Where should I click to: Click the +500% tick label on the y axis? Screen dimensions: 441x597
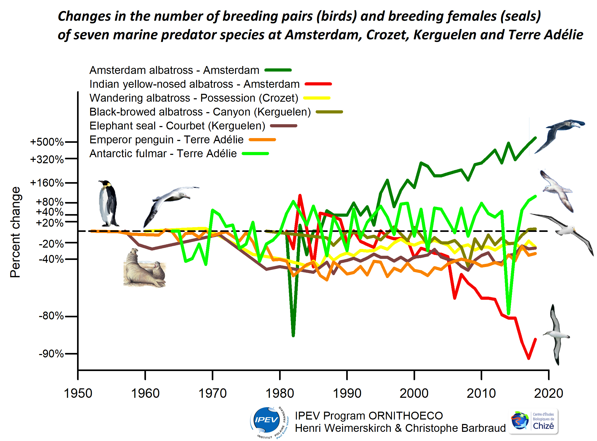click(x=47, y=142)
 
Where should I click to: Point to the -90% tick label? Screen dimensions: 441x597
click(x=51, y=354)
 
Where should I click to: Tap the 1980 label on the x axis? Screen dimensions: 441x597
click(x=280, y=393)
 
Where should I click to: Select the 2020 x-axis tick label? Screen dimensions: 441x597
click(x=548, y=393)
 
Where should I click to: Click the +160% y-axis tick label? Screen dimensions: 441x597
click(x=47, y=183)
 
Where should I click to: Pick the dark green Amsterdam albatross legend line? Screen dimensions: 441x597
click(x=278, y=70)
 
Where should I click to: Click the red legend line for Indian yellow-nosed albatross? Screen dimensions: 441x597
click(x=318, y=84)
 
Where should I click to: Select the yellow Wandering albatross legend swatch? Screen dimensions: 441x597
click(x=317, y=98)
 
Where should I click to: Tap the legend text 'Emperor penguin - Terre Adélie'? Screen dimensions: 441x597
click(x=166, y=140)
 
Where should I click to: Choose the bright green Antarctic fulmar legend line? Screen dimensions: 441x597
click(x=255, y=154)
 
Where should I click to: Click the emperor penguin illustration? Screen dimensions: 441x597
click(x=108, y=203)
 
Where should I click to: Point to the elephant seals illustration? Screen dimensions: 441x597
click(x=144, y=268)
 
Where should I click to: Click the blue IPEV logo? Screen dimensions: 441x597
click(x=266, y=420)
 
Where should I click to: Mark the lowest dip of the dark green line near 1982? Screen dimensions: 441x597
click(x=293, y=335)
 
